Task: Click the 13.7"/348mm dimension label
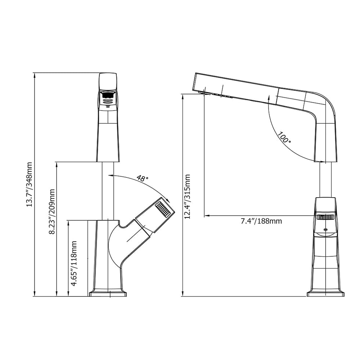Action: [x=29, y=184]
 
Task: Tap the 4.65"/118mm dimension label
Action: [x=74, y=263]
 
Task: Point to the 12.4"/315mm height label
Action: [x=187, y=197]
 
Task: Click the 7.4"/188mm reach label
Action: [x=261, y=221]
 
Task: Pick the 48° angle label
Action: [x=143, y=178]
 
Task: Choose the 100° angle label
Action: [x=284, y=137]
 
